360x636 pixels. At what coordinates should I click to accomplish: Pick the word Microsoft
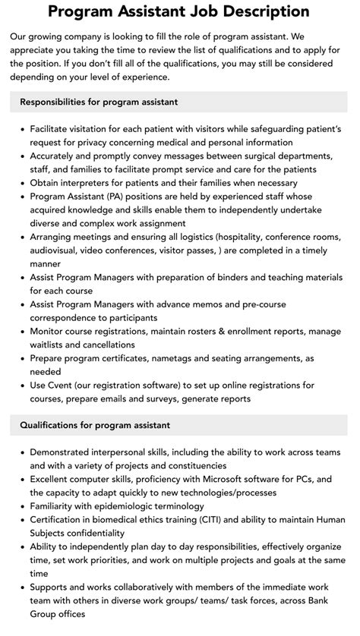point(225,479)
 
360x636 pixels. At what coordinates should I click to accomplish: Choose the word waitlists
point(51,345)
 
